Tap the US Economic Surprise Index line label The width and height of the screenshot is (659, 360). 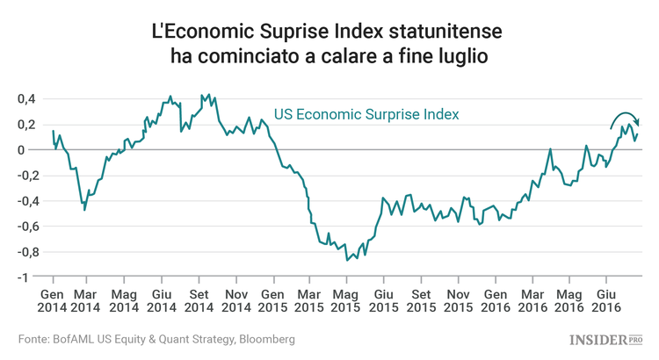366,114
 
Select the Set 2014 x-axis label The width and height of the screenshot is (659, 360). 199,300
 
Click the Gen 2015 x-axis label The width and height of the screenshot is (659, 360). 272,300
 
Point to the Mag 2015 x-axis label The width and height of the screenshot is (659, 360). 346,300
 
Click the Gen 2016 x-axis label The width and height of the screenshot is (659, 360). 495,300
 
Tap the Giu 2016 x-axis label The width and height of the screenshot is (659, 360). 605,300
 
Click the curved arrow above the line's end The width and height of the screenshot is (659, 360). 625,119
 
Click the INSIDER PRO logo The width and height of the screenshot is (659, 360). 607,339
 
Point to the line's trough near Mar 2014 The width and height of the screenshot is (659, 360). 84,210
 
